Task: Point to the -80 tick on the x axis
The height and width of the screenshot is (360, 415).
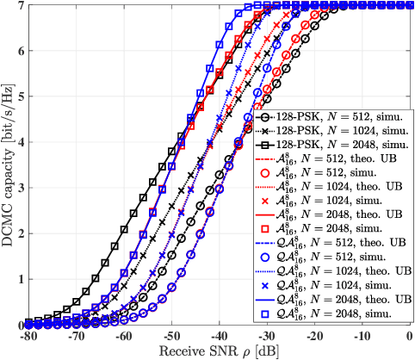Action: (x=27, y=337)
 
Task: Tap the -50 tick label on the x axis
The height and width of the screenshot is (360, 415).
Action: (x=171, y=337)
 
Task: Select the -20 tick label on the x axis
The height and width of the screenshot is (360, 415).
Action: (x=316, y=337)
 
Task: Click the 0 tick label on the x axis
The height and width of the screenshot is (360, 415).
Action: (x=412, y=337)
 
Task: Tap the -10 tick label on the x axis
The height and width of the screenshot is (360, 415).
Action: (x=364, y=337)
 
